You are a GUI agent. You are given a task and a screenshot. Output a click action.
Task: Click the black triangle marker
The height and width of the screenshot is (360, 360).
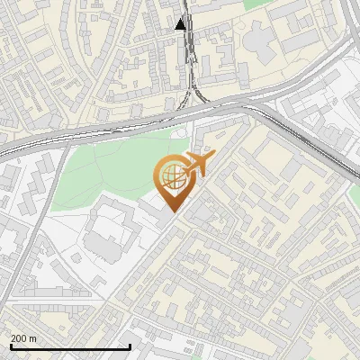pyautogui.click(x=181, y=24)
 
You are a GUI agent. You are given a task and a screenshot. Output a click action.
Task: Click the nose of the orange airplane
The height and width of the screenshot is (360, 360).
pyautogui.click(x=213, y=156)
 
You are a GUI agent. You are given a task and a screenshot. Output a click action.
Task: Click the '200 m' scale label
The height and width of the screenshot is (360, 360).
pyautogui.click(x=24, y=338)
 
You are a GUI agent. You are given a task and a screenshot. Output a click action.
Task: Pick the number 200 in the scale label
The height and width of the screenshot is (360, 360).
pyautogui.click(x=20, y=338)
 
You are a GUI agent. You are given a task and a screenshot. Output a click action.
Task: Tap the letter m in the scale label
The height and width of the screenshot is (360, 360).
pyautogui.click(x=33, y=338)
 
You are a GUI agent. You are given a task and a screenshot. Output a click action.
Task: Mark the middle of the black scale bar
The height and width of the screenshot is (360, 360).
pyautogui.click(x=70, y=346)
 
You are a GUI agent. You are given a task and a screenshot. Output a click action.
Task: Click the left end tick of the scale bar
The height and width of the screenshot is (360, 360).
pyautogui.click(x=11, y=345)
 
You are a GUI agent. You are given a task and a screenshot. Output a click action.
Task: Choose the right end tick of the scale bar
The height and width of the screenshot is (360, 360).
pyautogui.click(x=130, y=345)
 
